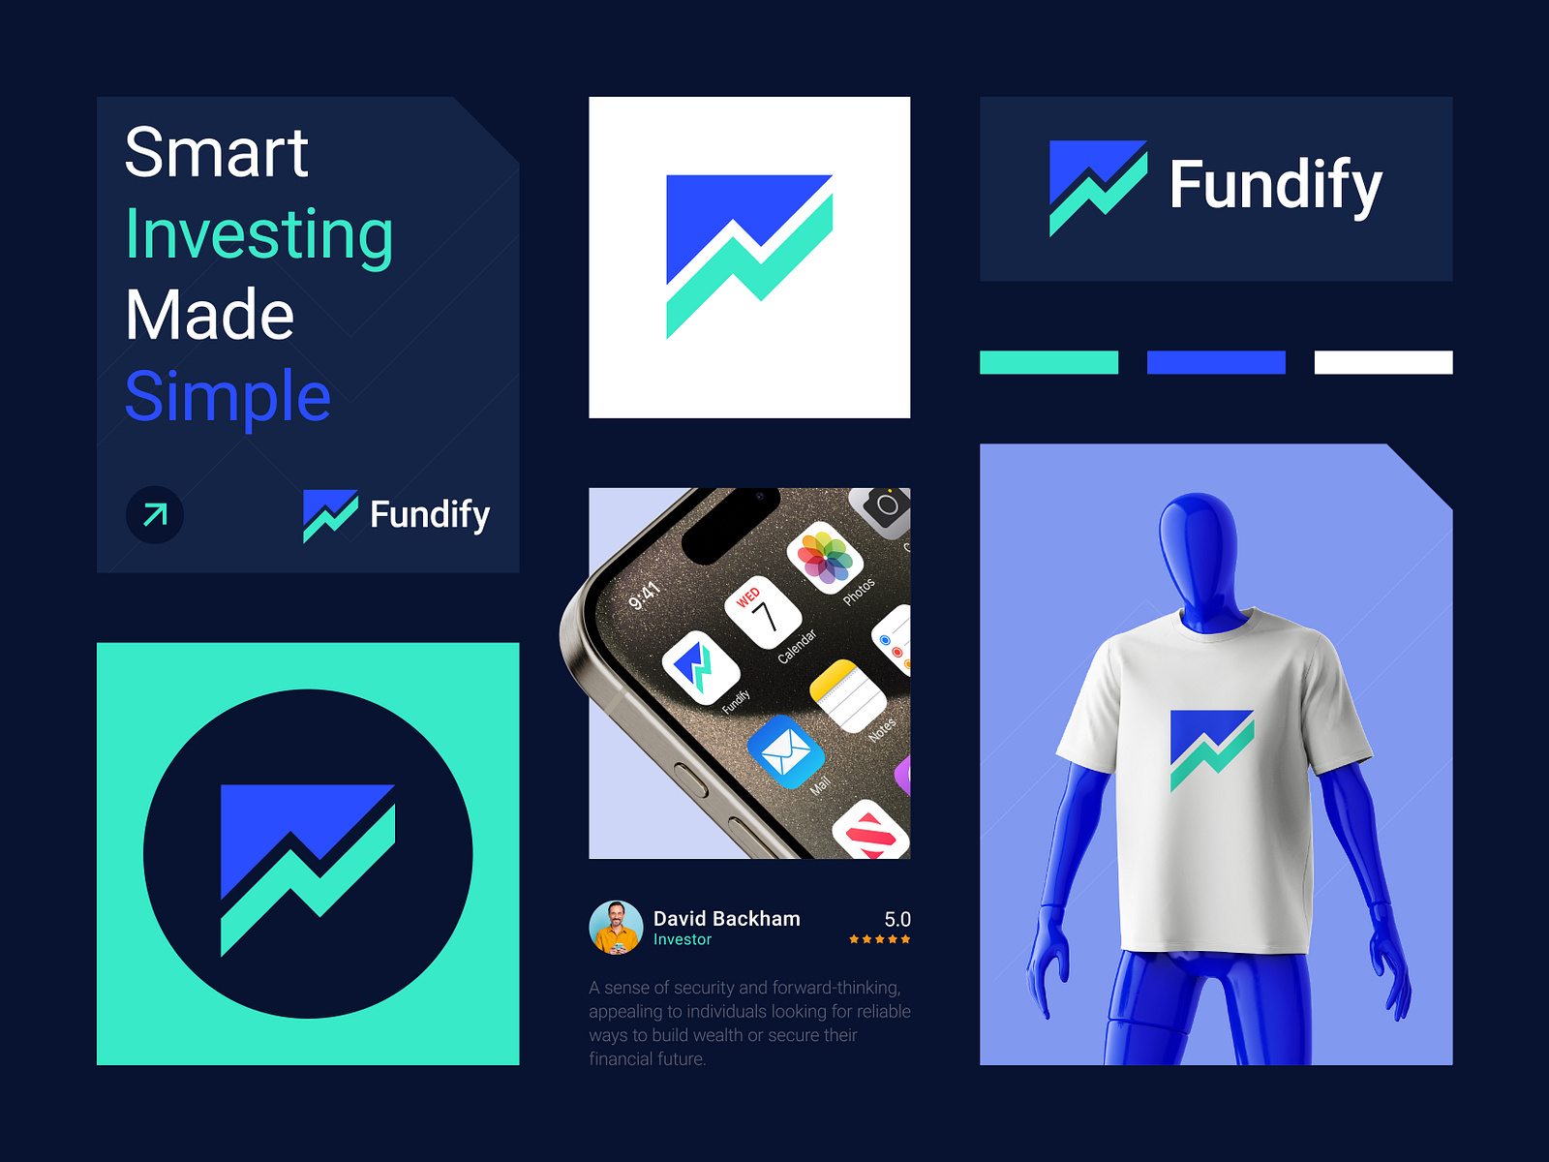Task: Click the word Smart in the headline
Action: pos(217,153)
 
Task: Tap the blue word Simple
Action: pos(228,396)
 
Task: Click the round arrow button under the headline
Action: pos(155,514)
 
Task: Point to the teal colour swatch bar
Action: pos(1048,362)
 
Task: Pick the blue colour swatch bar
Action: pos(1216,362)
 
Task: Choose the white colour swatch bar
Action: pos(1383,362)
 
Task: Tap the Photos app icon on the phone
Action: pos(825,559)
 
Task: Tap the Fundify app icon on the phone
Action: pos(700,668)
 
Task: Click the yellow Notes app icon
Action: pos(847,696)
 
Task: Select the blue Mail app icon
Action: pos(785,751)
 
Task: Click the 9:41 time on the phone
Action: pos(644,596)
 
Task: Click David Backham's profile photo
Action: pos(616,928)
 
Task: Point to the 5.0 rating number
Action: pos(897,919)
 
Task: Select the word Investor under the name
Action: pos(683,939)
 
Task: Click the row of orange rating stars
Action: pos(879,939)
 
